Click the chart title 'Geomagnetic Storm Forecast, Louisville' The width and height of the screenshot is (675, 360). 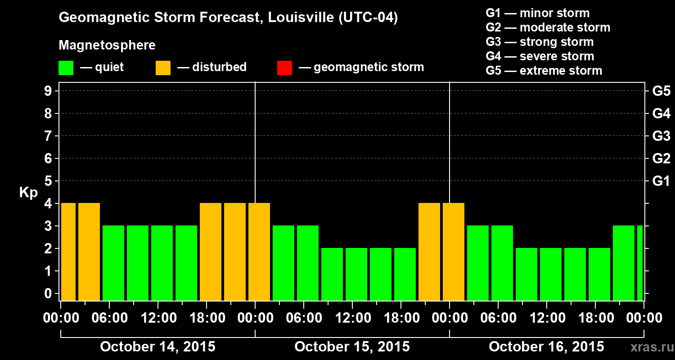228,18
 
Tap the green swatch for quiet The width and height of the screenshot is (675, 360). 66,68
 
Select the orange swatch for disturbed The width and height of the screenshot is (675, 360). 163,68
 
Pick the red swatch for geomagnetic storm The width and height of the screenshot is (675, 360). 284,68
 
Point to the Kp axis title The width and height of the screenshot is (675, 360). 28,193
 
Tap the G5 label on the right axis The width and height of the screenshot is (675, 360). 661,91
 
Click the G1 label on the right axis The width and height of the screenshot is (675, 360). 661,181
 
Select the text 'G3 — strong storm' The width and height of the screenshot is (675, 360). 540,42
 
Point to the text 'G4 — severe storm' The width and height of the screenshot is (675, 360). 540,56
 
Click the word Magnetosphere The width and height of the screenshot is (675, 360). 107,45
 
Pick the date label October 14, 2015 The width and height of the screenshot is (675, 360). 157,347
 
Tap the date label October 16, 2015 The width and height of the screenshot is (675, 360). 546,347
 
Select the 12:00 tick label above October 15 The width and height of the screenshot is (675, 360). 352,318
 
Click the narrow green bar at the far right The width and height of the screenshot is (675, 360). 640,263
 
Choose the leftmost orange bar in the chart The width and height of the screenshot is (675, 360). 68,252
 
